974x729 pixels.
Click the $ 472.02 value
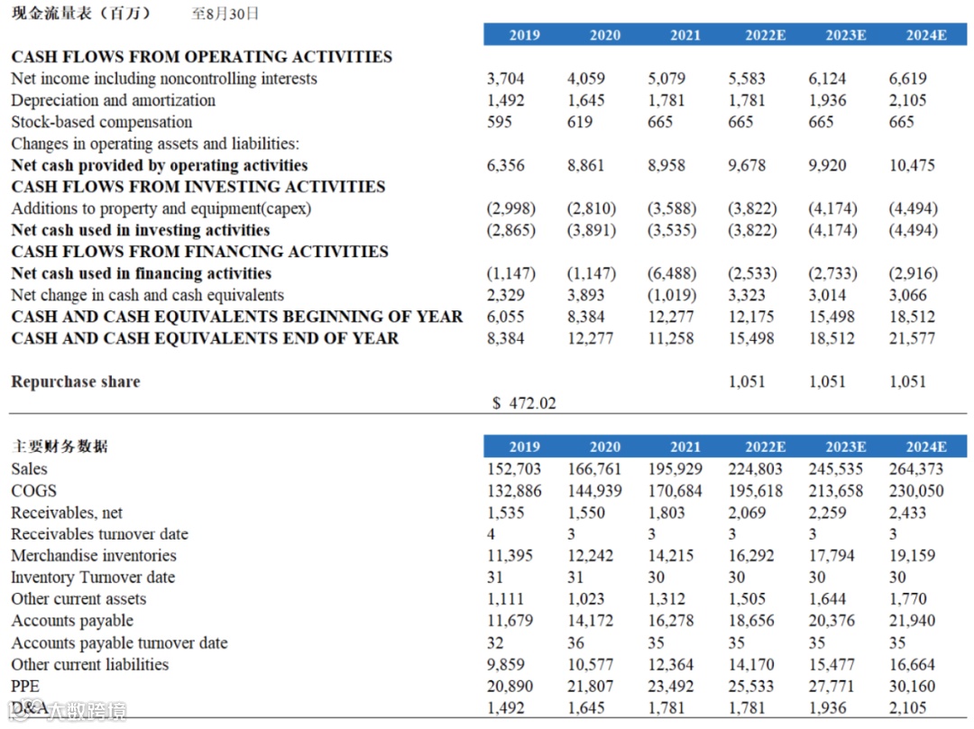click(x=524, y=403)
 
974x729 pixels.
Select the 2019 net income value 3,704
click(x=505, y=78)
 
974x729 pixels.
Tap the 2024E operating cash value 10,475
click(x=912, y=165)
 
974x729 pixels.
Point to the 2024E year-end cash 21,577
click(x=912, y=338)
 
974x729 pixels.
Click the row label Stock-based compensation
click(x=102, y=122)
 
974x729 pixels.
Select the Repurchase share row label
click(x=76, y=382)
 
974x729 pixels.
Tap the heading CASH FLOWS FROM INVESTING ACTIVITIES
click(x=198, y=187)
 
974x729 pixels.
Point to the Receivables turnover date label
click(x=99, y=534)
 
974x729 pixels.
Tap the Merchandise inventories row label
click(x=94, y=556)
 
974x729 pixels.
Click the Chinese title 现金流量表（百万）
click(x=81, y=13)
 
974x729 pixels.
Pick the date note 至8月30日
click(x=225, y=14)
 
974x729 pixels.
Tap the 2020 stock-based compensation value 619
click(x=581, y=122)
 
